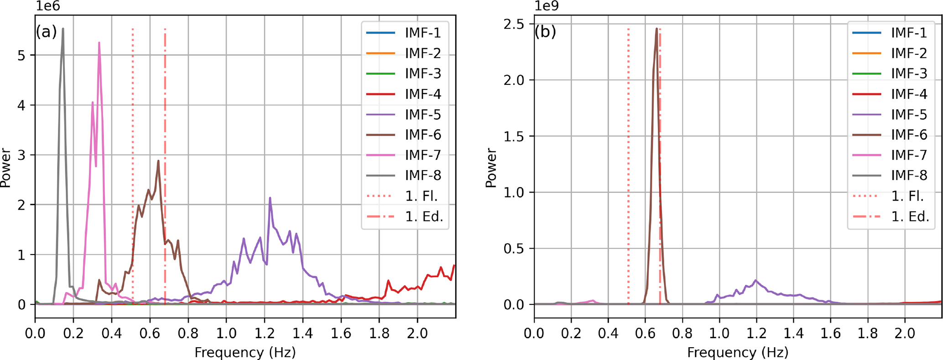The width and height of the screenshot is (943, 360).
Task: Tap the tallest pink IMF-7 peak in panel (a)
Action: [x=99, y=44]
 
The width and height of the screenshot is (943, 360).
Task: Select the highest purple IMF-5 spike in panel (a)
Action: [x=270, y=198]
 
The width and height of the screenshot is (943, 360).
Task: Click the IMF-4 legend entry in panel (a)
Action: [x=422, y=94]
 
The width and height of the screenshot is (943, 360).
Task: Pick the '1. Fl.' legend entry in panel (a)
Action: [x=421, y=196]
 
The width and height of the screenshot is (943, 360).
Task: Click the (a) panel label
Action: [x=47, y=31]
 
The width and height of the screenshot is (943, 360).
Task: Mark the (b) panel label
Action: [x=545, y=31]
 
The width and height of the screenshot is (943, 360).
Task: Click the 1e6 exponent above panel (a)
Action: [x=47, y=6]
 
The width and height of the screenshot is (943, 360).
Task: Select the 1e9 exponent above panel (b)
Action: [x=546, y=6]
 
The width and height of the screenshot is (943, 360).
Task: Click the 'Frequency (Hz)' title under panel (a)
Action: [x=245, y=352]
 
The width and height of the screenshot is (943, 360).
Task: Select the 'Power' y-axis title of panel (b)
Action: [x=491, y=167]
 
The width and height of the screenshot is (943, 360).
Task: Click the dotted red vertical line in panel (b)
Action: [x=628, y=137]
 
